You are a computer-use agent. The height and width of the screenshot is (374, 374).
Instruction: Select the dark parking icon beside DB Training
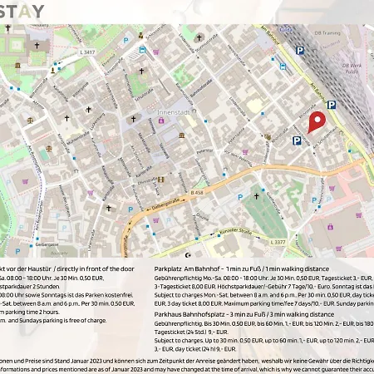(300, 50)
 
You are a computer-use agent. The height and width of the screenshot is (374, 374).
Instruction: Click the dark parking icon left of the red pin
(297, 142)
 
